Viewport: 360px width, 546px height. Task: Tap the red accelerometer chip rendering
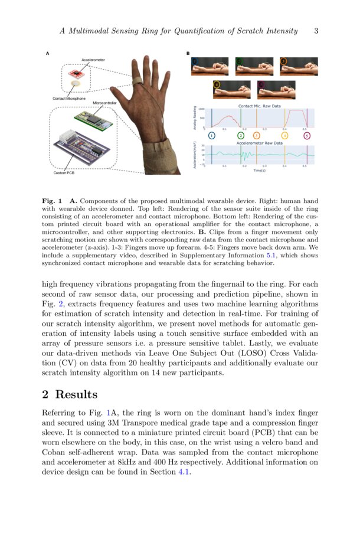(76, 73)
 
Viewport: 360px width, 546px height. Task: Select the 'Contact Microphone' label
(68, 99)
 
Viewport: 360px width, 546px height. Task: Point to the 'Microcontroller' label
(104, 103)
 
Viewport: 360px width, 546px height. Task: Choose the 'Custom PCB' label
(64, 173)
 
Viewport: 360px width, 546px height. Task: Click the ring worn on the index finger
(136, 80)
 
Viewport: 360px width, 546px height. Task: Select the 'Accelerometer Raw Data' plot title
(259, 143)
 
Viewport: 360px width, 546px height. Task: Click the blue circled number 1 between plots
(212, 136)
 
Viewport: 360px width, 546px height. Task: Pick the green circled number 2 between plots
(240, 136)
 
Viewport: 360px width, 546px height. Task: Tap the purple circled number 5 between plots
(307, 136)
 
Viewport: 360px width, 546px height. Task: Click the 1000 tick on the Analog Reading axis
(201, 109)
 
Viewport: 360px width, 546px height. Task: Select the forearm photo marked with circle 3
(299, 66)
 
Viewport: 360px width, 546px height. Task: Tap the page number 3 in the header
(316, 31)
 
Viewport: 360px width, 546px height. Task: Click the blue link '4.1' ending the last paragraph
(184, 472)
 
